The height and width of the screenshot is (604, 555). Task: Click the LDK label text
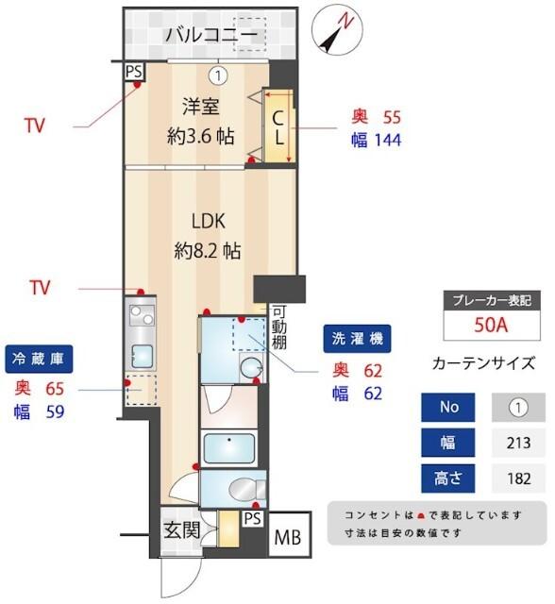click(208, 223)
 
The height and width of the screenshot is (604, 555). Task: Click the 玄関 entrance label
click(180, 530)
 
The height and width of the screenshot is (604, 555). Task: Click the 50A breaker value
click(491, 326)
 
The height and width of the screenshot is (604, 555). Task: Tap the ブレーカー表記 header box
click(491, 299)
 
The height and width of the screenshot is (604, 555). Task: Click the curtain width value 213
click(518, 443)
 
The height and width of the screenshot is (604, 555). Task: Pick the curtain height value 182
click(518, 478)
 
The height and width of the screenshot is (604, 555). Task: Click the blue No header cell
click(449, 408)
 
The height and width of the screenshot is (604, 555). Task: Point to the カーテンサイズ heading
click(483, 362)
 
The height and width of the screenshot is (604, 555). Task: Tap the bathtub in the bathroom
click(227, 446)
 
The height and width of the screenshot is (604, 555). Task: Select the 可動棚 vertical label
click(279, 328)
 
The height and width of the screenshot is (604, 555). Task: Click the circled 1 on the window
click(218, 74)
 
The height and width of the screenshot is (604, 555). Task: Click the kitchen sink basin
click(143, 356)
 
